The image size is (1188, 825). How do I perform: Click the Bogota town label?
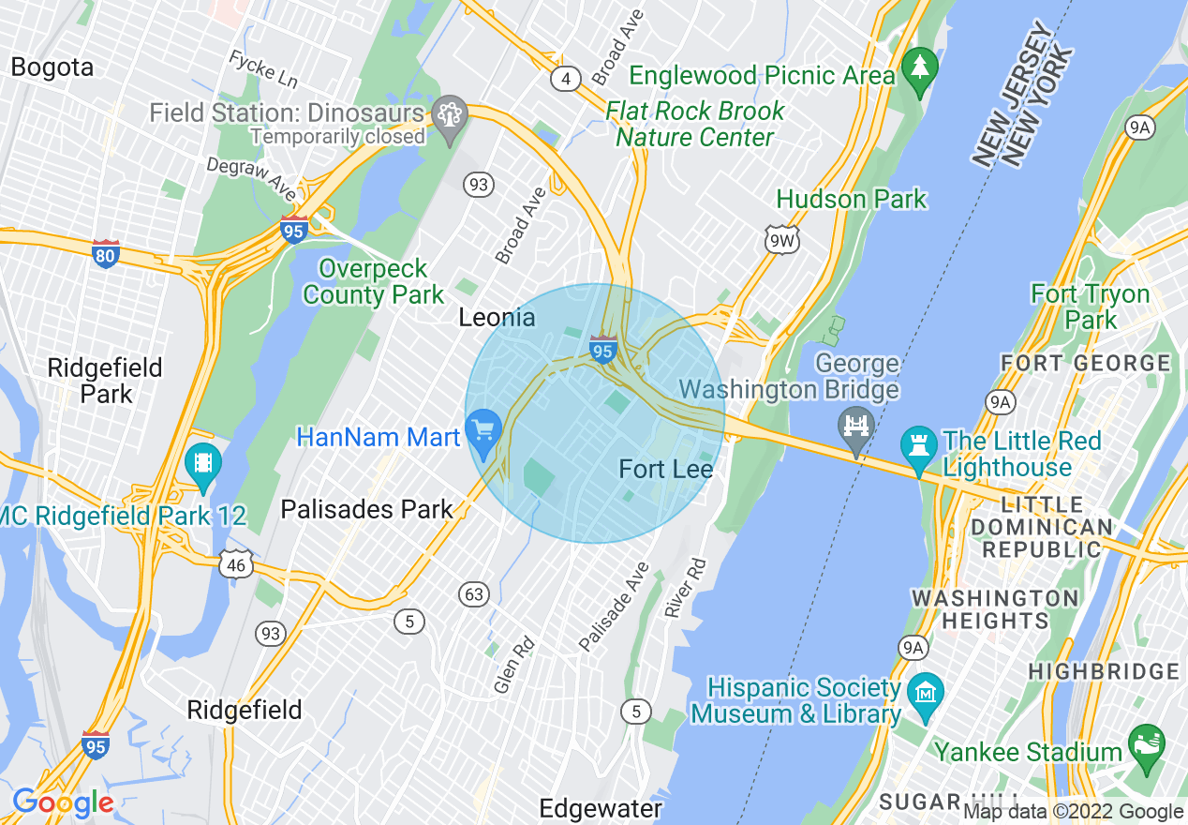pos(52,67)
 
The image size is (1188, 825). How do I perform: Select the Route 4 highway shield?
pos(565,79)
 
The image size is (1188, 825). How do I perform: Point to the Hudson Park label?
pos(851,200)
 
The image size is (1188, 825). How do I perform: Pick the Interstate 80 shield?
pos(106,253)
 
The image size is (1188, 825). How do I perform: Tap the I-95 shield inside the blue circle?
pos(603,350)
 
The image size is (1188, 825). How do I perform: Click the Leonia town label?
pos(497,318)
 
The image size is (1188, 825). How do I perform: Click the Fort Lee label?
pos(666,469)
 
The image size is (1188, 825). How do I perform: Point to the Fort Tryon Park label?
pos(1090,307)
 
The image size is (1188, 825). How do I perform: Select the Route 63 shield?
pos(475,593)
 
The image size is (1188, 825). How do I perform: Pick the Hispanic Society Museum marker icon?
pos(925,694)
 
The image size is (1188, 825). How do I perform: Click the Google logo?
pos(63,802)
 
